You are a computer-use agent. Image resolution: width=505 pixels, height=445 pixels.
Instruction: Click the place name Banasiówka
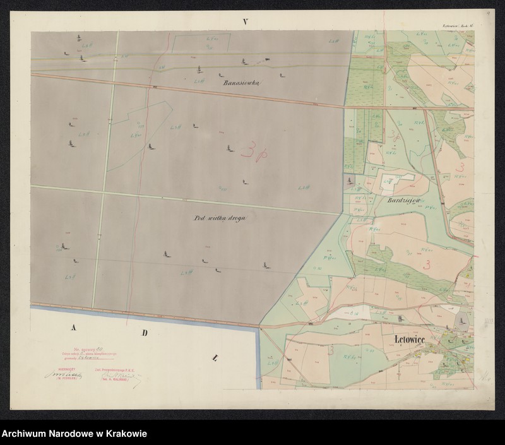(246, 82)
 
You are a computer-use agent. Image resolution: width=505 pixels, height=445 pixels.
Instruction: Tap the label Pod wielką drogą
(220, 217)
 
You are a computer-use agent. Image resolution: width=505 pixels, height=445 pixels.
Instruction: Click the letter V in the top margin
(247, 22)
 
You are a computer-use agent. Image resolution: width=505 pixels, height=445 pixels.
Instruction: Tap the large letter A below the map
(73, 328)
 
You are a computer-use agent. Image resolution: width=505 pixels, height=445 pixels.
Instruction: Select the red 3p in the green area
(395, 135)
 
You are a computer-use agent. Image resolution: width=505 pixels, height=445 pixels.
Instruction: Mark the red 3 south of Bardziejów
(429, 263)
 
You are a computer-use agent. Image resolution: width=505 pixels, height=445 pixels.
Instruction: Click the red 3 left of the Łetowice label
(330, 348)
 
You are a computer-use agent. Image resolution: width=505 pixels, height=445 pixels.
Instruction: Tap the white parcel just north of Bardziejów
(396, 181)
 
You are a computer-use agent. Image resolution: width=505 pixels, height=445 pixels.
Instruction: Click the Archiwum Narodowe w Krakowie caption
(74, 434)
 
